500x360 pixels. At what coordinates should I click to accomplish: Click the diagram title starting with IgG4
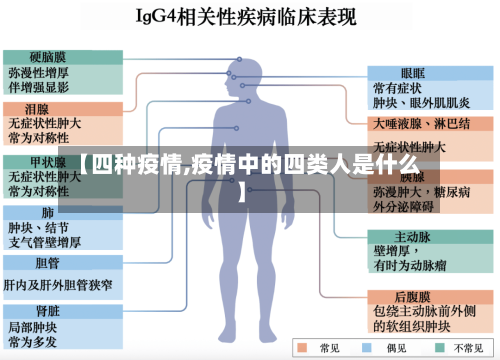[x=249, y=17]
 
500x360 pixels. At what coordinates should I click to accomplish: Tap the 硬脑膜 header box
[x=47, y=57]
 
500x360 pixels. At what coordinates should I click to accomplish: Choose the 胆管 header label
[x=47, y=264]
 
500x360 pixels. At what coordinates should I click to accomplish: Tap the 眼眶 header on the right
[x=412, y=73]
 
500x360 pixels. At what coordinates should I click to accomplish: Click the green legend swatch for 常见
[x=304, y=348]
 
